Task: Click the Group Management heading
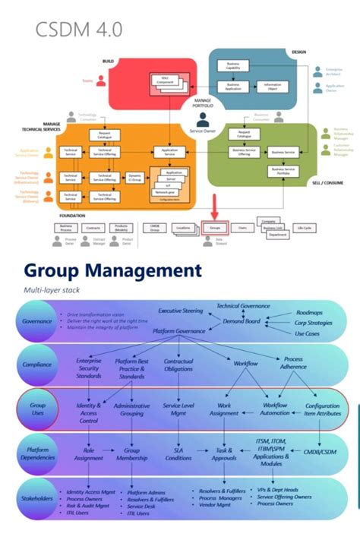(x=112, y=271)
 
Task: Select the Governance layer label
(x=37, y=321)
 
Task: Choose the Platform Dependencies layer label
(x=37, y=453)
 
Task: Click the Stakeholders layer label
(x=37, y=498)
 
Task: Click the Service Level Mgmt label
(x=178, y=411)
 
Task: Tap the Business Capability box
(x=232, y=66)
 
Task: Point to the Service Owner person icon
(x=203, y=121)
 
